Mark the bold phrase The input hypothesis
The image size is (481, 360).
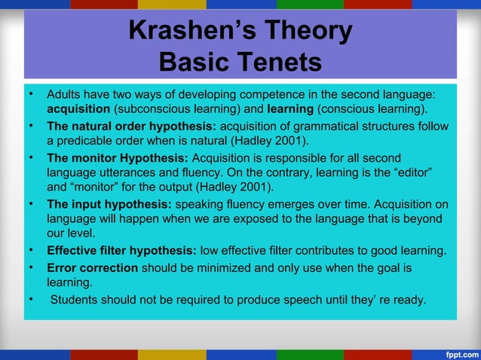pos(109,203)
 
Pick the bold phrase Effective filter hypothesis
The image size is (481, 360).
pos(121,250)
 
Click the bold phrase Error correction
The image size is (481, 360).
pos(92,267)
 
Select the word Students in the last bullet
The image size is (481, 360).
pos(78,300)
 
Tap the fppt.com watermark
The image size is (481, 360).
pos(456,352)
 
